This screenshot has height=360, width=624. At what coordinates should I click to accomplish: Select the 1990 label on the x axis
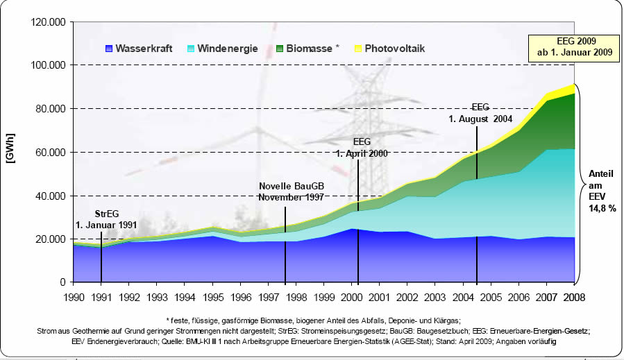74,297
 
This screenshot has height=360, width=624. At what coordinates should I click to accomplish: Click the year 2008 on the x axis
573,297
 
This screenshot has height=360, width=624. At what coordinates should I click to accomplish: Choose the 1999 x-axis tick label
324,297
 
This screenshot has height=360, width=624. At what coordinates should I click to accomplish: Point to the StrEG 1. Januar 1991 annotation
102,219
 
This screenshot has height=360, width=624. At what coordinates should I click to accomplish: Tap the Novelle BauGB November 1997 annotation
292,192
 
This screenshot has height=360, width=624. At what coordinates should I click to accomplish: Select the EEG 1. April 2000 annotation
361,147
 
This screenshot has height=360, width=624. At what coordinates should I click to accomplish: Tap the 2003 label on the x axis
435,297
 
